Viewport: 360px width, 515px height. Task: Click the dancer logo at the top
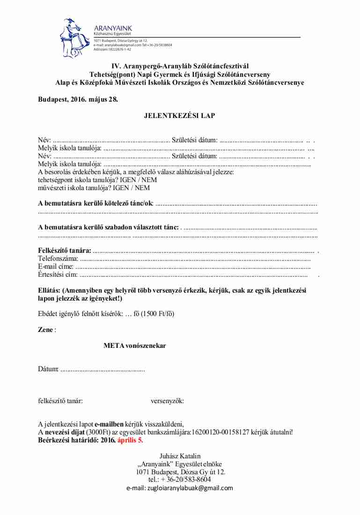(x=74, y=37)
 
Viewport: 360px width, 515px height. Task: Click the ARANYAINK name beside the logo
(x=113, y=28)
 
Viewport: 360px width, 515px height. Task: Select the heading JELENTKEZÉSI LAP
(x=180, y=116)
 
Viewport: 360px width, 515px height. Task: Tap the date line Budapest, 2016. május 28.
(x=78, y=99)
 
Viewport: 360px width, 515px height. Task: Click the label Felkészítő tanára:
(x=65, y=251)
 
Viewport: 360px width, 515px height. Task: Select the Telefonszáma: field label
(x=58, y=259)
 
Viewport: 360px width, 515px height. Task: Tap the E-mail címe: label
(x=56, y=266)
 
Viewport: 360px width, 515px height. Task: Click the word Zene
(x=45, y=330)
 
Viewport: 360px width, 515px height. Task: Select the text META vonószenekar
(x=135, y=346)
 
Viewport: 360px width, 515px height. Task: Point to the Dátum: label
(x=48, y=370)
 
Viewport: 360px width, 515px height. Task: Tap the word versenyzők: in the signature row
(x=167, y=401)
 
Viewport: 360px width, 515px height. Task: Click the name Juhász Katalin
(x=180, y=456)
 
